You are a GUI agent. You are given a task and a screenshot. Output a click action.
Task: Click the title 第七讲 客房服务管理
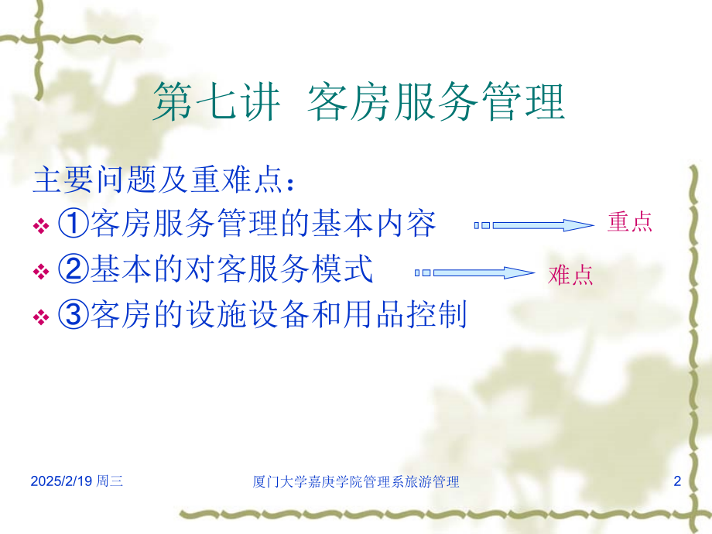pos(358,103)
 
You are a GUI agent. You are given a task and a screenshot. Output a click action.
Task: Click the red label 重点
pos(630,223)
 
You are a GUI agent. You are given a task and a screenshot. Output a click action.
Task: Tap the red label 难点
pos(570,275)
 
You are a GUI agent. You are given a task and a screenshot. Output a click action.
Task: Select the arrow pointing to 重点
pos(534,225)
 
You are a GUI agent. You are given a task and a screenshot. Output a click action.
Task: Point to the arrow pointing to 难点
pos(475,272)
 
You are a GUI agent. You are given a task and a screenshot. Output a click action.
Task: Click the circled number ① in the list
pos(72,224)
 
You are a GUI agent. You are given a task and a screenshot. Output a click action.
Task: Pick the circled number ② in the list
pos(72,270)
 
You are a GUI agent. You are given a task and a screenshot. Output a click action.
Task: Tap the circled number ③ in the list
pos(72,315)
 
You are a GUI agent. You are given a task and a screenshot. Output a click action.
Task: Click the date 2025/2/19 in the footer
pos(61,482)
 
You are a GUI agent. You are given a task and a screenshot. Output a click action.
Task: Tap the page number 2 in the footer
pos(677,482)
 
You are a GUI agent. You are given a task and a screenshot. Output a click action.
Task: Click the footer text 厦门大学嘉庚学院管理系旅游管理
pos(356,482)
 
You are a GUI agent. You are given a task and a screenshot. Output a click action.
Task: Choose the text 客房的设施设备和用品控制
pos(279,315)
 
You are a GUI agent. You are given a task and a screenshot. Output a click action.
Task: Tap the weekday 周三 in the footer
pos(110,482)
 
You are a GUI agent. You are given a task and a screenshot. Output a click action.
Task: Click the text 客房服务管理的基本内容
pos(263,224)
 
